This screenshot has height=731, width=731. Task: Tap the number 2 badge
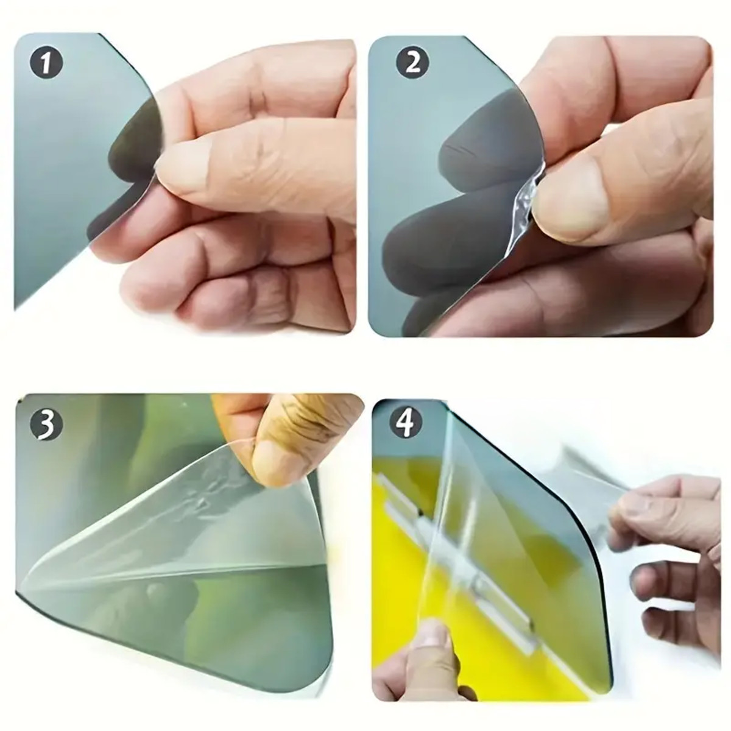pos(413,63)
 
